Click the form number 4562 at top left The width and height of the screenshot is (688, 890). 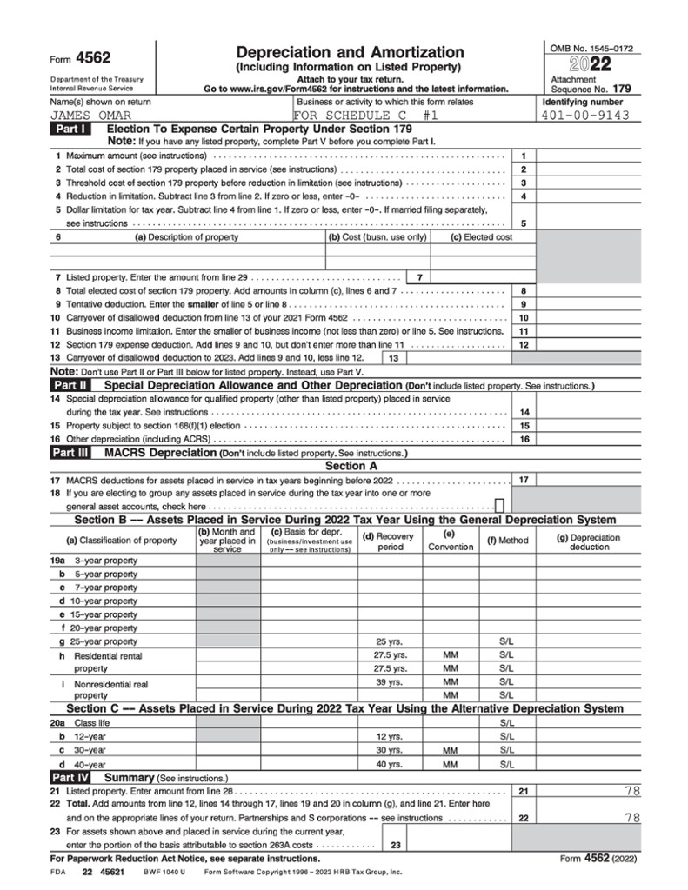(93, 58)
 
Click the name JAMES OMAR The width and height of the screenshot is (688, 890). (84, 115)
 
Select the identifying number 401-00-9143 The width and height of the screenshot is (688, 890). (585, 115)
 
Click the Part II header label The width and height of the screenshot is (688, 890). (69, 384)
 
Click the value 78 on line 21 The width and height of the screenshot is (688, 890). (631, 792)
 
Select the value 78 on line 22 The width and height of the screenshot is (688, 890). (631, 818)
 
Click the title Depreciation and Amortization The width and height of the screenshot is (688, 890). (350, 52)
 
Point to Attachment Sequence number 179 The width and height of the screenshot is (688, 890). (621, 89)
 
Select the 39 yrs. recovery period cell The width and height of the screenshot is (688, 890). (391, 682)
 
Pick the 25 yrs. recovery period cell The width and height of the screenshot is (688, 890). (391, 641)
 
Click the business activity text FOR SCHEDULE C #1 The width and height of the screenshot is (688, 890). (365, 115)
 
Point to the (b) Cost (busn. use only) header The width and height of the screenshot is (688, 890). (377, 237)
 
